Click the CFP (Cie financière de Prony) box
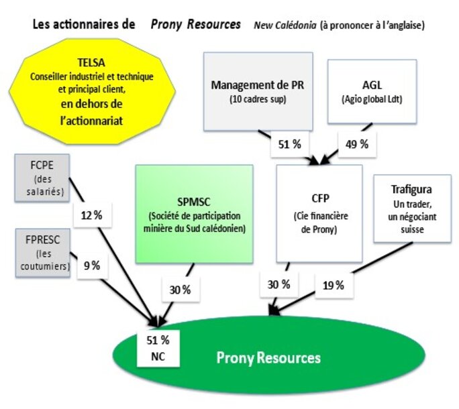[319, 213]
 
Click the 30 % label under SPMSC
[178, 290]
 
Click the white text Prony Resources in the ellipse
[268, 357]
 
